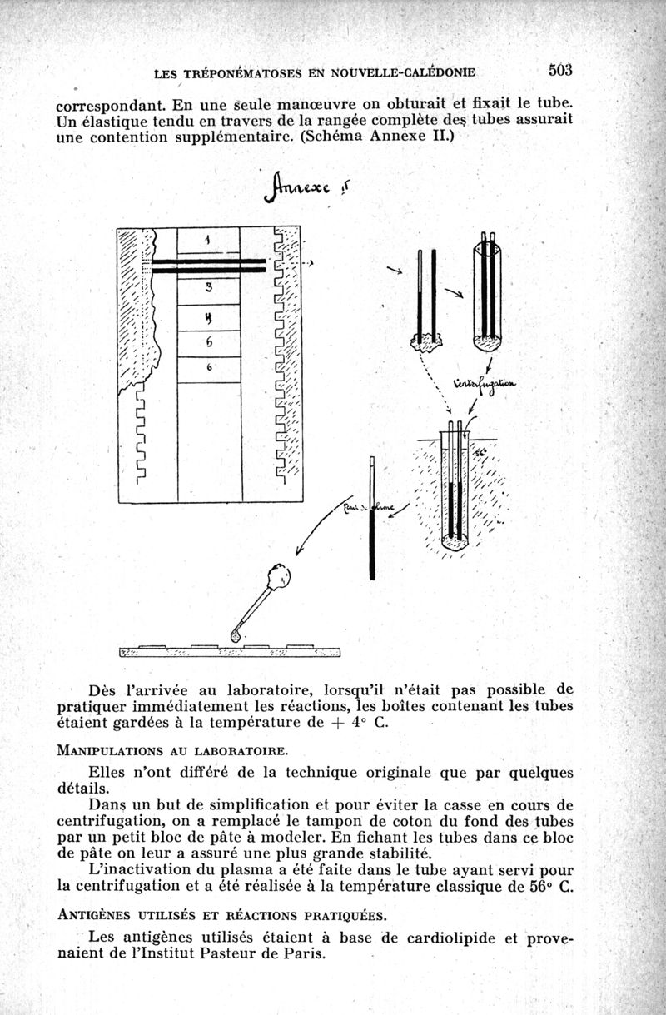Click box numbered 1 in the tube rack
tap(208, 239)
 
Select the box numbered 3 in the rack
tap(209, 287)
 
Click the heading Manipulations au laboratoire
tap(172, 751)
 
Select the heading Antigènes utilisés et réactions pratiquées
tap(221, 916)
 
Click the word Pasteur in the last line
tap(235, 953)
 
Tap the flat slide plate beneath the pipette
tap(231, 651)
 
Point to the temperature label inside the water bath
tap(481, 451)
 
